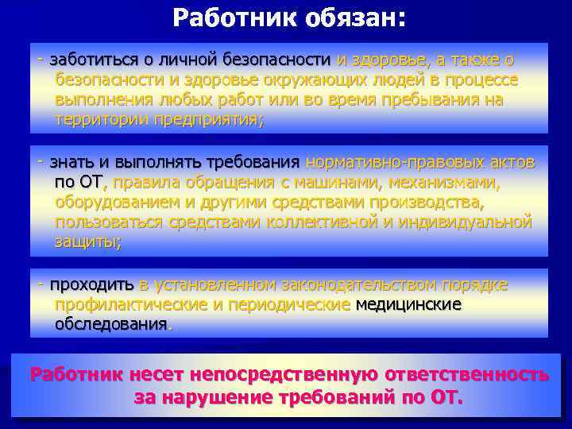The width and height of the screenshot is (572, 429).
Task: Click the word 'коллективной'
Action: point(323,222)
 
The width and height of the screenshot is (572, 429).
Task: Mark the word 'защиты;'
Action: point(88,242)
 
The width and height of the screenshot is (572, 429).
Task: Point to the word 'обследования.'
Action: point(113,324)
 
